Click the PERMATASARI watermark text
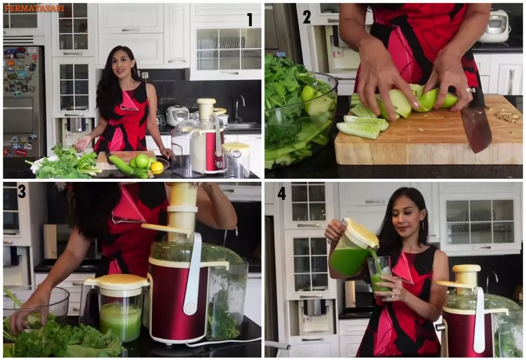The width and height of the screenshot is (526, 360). coord(35,8)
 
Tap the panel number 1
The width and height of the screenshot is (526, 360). coord(249,19)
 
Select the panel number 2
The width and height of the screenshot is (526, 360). coord(307,17)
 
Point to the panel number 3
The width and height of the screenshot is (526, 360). coord(22,191)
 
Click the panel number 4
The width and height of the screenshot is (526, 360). coord(281,193)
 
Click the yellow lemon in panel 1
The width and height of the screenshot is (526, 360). coord(157,168)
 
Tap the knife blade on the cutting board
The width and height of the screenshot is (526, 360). coord(477,129)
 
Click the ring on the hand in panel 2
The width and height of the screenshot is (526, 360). coord(470,90)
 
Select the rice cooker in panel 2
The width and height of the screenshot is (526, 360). coord(494,26)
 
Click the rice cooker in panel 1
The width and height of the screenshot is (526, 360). coord(177,115)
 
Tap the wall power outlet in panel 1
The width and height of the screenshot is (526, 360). coord(145,75)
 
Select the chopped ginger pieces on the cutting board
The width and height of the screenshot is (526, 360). coord(508,116)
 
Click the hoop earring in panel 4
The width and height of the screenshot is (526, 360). coord(422,227)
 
